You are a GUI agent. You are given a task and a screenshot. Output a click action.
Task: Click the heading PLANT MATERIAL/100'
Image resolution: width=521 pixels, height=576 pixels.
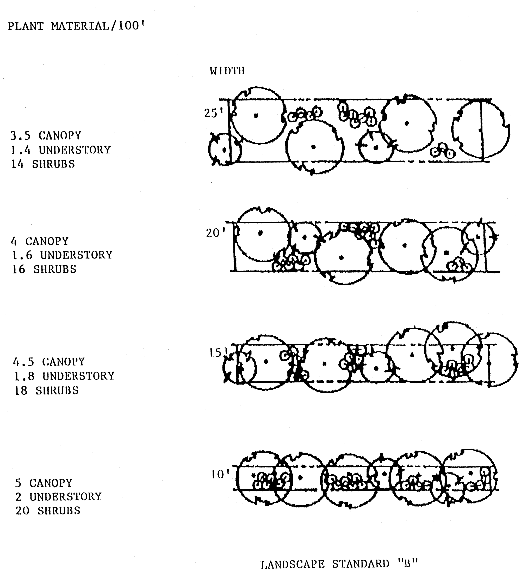75,26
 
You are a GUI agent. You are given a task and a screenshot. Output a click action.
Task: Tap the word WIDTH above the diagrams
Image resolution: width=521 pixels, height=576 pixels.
227,71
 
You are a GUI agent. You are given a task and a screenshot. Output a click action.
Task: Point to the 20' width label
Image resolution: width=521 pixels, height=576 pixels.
215,233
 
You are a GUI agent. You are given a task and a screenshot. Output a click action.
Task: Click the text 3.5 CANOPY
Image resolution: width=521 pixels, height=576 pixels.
46,135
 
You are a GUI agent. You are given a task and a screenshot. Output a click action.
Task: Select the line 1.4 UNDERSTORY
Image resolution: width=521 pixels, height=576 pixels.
60,150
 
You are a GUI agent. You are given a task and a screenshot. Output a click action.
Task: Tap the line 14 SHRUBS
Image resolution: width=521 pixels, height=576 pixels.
43,164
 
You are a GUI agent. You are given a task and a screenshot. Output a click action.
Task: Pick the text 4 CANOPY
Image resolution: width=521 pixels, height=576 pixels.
40,241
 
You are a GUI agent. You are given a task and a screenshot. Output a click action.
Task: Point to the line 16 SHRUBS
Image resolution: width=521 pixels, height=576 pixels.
44,269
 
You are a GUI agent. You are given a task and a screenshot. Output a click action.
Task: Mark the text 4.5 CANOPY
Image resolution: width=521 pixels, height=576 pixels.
49,362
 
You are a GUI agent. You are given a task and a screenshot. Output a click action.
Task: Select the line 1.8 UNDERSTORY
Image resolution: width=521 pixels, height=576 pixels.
64,376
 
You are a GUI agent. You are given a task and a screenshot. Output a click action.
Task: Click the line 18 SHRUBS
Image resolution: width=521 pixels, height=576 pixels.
46,390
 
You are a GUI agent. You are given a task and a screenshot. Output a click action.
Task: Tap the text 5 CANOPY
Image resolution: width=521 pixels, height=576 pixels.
44,483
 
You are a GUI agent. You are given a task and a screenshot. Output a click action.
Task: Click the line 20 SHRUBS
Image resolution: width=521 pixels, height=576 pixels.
48,511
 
